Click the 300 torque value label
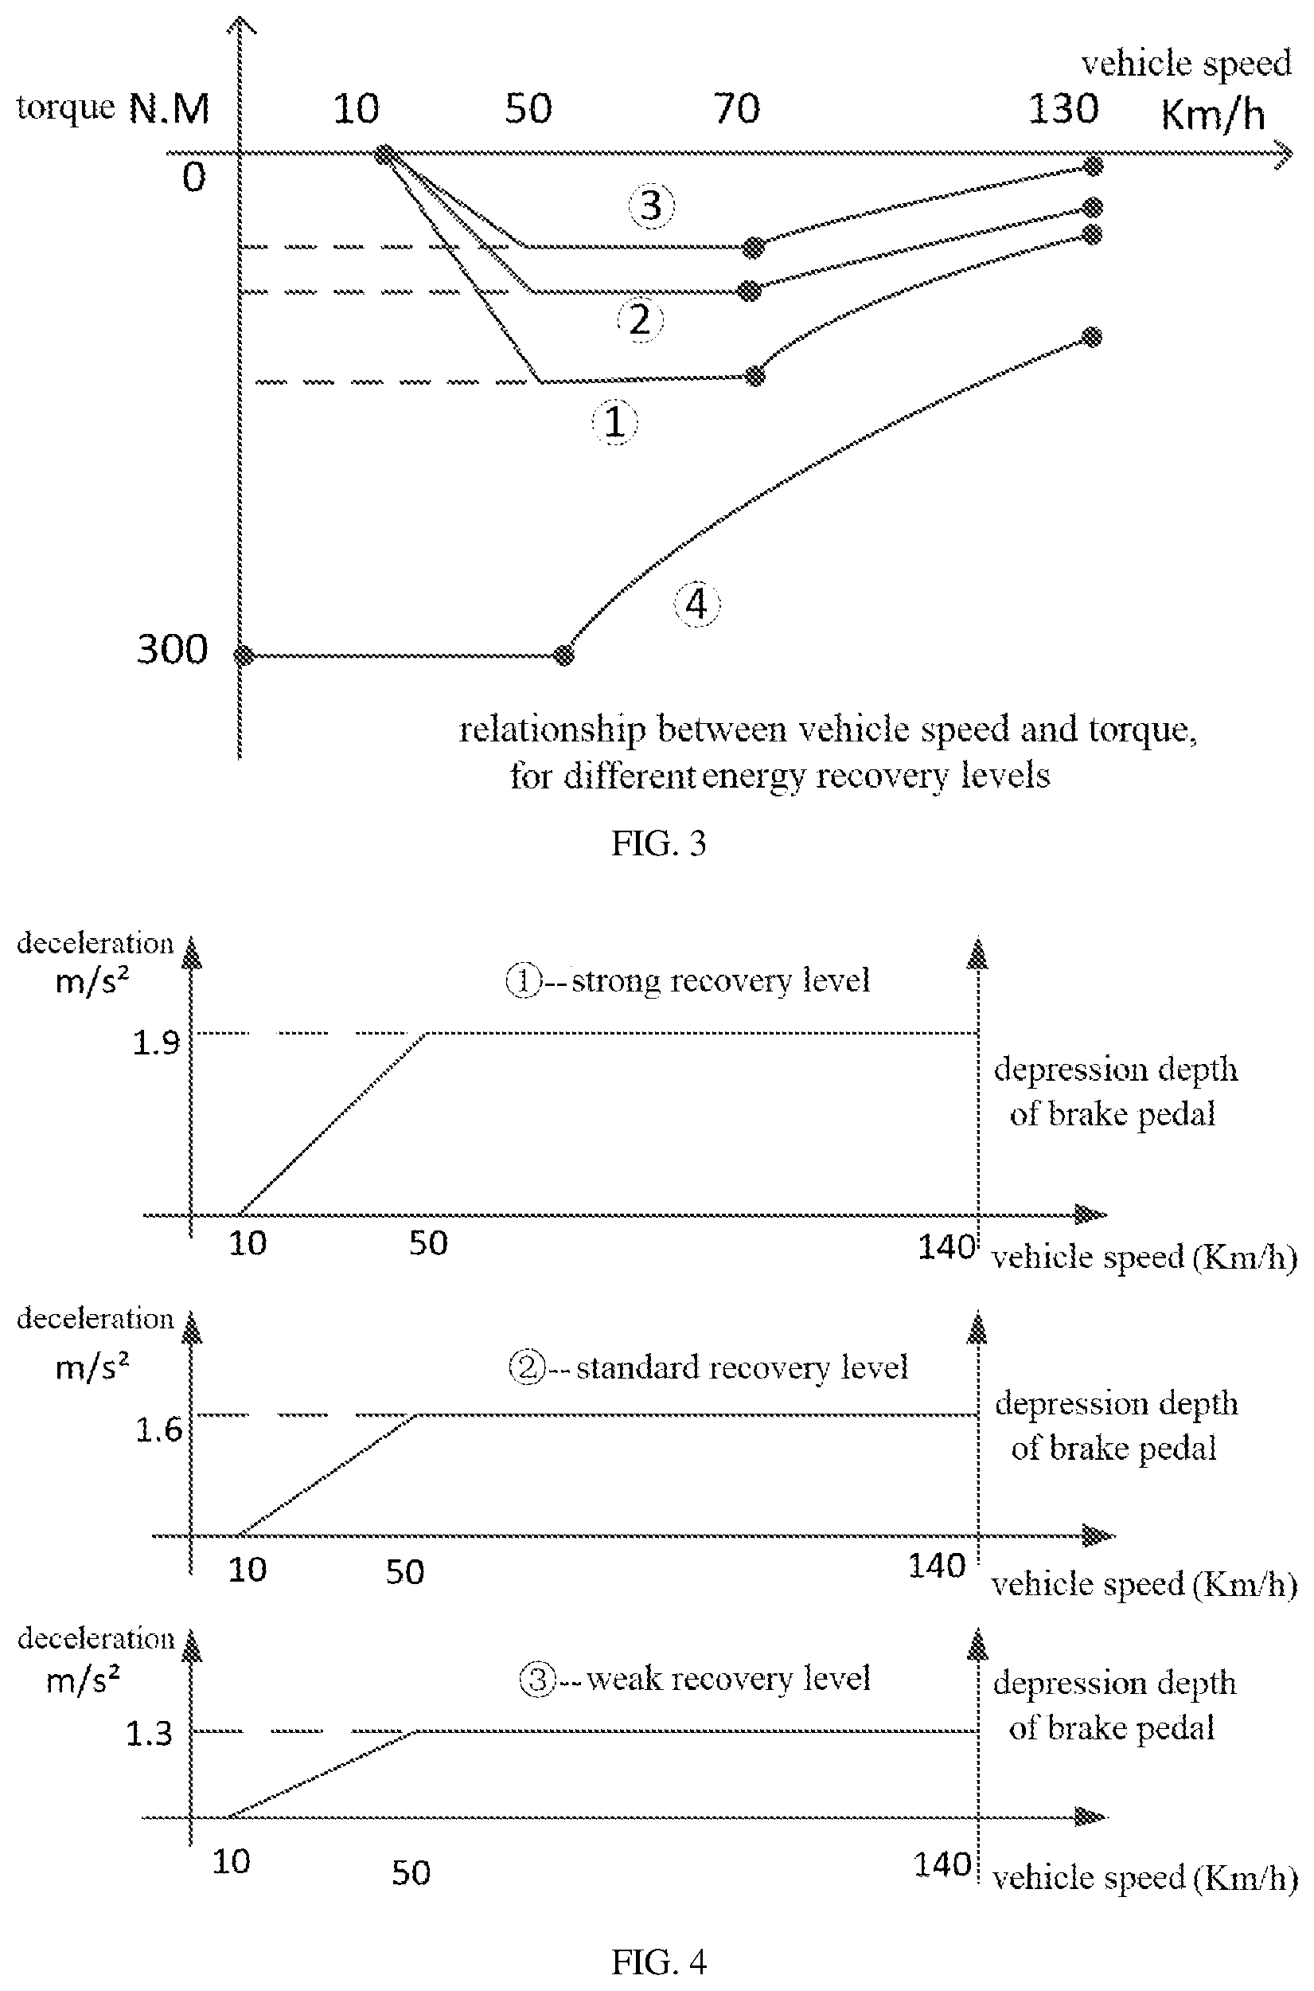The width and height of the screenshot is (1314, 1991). (x=172, y=649)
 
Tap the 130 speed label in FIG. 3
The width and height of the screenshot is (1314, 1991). (x=1063, y=109)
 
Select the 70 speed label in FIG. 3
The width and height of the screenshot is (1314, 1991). (x=738, y=109)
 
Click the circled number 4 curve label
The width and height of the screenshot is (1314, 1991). (x=697, y=604)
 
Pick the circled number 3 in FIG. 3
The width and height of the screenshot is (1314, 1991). (x=652, y=205)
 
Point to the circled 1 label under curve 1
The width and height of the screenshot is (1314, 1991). (x=615, y=420)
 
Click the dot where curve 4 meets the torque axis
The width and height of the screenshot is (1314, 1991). (x=243, y=655)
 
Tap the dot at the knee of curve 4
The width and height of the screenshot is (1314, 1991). (x=565, y=655)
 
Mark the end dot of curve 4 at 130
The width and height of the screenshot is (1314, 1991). (x=1091, y=337)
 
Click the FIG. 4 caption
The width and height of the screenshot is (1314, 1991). (x=659, y=1962)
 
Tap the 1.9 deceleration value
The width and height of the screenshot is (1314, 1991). (x=157, y=1042)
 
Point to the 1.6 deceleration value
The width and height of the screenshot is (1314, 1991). (x=159, y=1430)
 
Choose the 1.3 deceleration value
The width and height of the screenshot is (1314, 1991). (x=149, y=1734)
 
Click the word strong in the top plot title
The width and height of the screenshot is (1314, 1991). (x=616, y=980)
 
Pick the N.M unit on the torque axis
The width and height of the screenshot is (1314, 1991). (x=169, y=109)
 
